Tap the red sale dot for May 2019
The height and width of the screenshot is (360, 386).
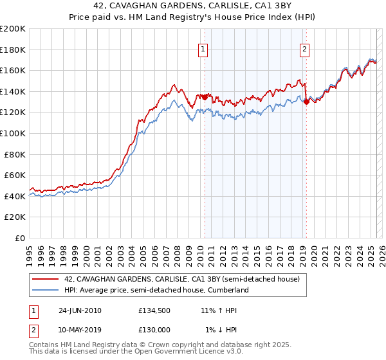[x=306, y=101]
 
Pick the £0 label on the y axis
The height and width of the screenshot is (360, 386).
[x=19, y=238]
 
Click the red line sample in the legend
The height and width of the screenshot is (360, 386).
[x=46, y=280]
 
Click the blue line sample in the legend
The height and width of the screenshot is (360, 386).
[x=46, y=291]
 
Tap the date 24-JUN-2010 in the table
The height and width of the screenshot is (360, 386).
[x=80, y=310]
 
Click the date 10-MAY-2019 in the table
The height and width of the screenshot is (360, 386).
[x=80, y=330]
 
